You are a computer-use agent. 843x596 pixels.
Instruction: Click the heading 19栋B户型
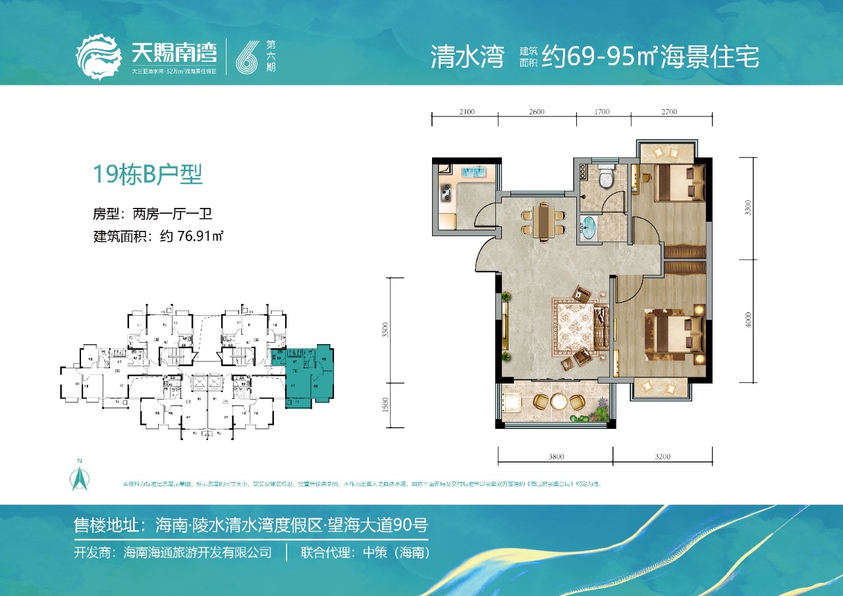point(148,175)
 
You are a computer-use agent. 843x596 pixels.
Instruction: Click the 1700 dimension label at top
point(603,112)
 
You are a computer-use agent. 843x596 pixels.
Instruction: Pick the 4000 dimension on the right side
point(747,321)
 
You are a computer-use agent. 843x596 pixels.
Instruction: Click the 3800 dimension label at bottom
point(555,457)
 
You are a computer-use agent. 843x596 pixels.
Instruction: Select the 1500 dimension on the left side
point(386,405)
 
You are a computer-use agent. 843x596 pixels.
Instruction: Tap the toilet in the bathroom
point(606,176)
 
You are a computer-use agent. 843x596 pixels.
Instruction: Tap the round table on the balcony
point(558,401)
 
